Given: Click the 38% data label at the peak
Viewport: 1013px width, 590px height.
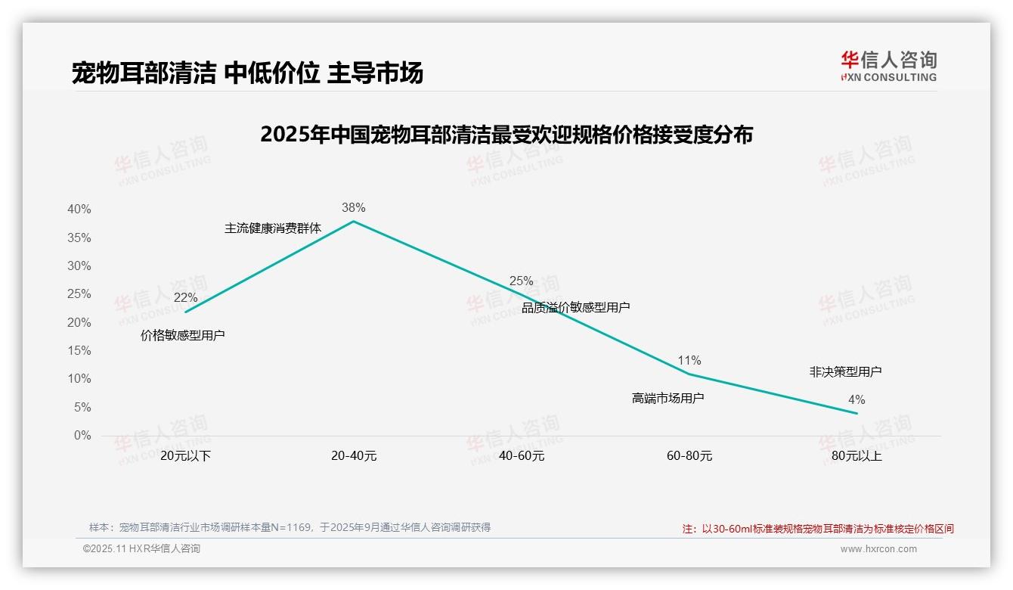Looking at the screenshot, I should (x=353, y=207).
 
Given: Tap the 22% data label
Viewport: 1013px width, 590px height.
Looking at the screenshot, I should (x=185, y=297).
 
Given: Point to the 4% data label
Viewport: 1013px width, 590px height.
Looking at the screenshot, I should (x=857, y=399).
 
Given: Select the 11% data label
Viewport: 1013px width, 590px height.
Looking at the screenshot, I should (x=689, y=360).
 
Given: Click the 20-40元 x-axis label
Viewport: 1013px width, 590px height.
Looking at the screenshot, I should (x=354, y=456).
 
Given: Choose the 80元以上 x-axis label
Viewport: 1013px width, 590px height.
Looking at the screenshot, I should (x=857, y=456).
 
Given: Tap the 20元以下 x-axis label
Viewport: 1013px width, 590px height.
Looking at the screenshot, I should (x=185, y=456).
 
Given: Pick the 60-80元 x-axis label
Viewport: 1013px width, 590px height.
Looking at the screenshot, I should (x=689, y=456).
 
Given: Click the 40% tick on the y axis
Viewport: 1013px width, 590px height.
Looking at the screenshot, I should (x=79, y=210).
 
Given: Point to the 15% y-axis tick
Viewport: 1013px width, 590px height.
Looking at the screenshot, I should (x=79, y=351).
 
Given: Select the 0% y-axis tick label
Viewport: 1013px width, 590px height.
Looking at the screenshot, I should (x=82, y=436).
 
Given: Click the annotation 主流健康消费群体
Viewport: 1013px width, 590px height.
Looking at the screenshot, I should (x=273, y=228).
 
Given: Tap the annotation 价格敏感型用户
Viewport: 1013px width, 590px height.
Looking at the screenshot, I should (x=183, y=335).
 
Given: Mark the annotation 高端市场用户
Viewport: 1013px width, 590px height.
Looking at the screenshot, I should (x=668, y=397).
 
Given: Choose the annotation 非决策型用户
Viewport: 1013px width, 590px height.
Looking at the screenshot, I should (x=845, y=371).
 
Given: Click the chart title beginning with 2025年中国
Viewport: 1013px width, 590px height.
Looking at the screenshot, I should (x=506, y=135).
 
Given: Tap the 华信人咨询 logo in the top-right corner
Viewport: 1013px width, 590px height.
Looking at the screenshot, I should (x=888, y=66).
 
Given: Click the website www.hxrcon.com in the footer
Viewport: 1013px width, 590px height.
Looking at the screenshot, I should (x=878, y=549).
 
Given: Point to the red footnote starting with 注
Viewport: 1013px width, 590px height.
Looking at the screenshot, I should (x=818, y=529).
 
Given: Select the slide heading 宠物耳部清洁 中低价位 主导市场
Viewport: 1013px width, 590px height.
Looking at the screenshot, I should (x=247, y=73).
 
